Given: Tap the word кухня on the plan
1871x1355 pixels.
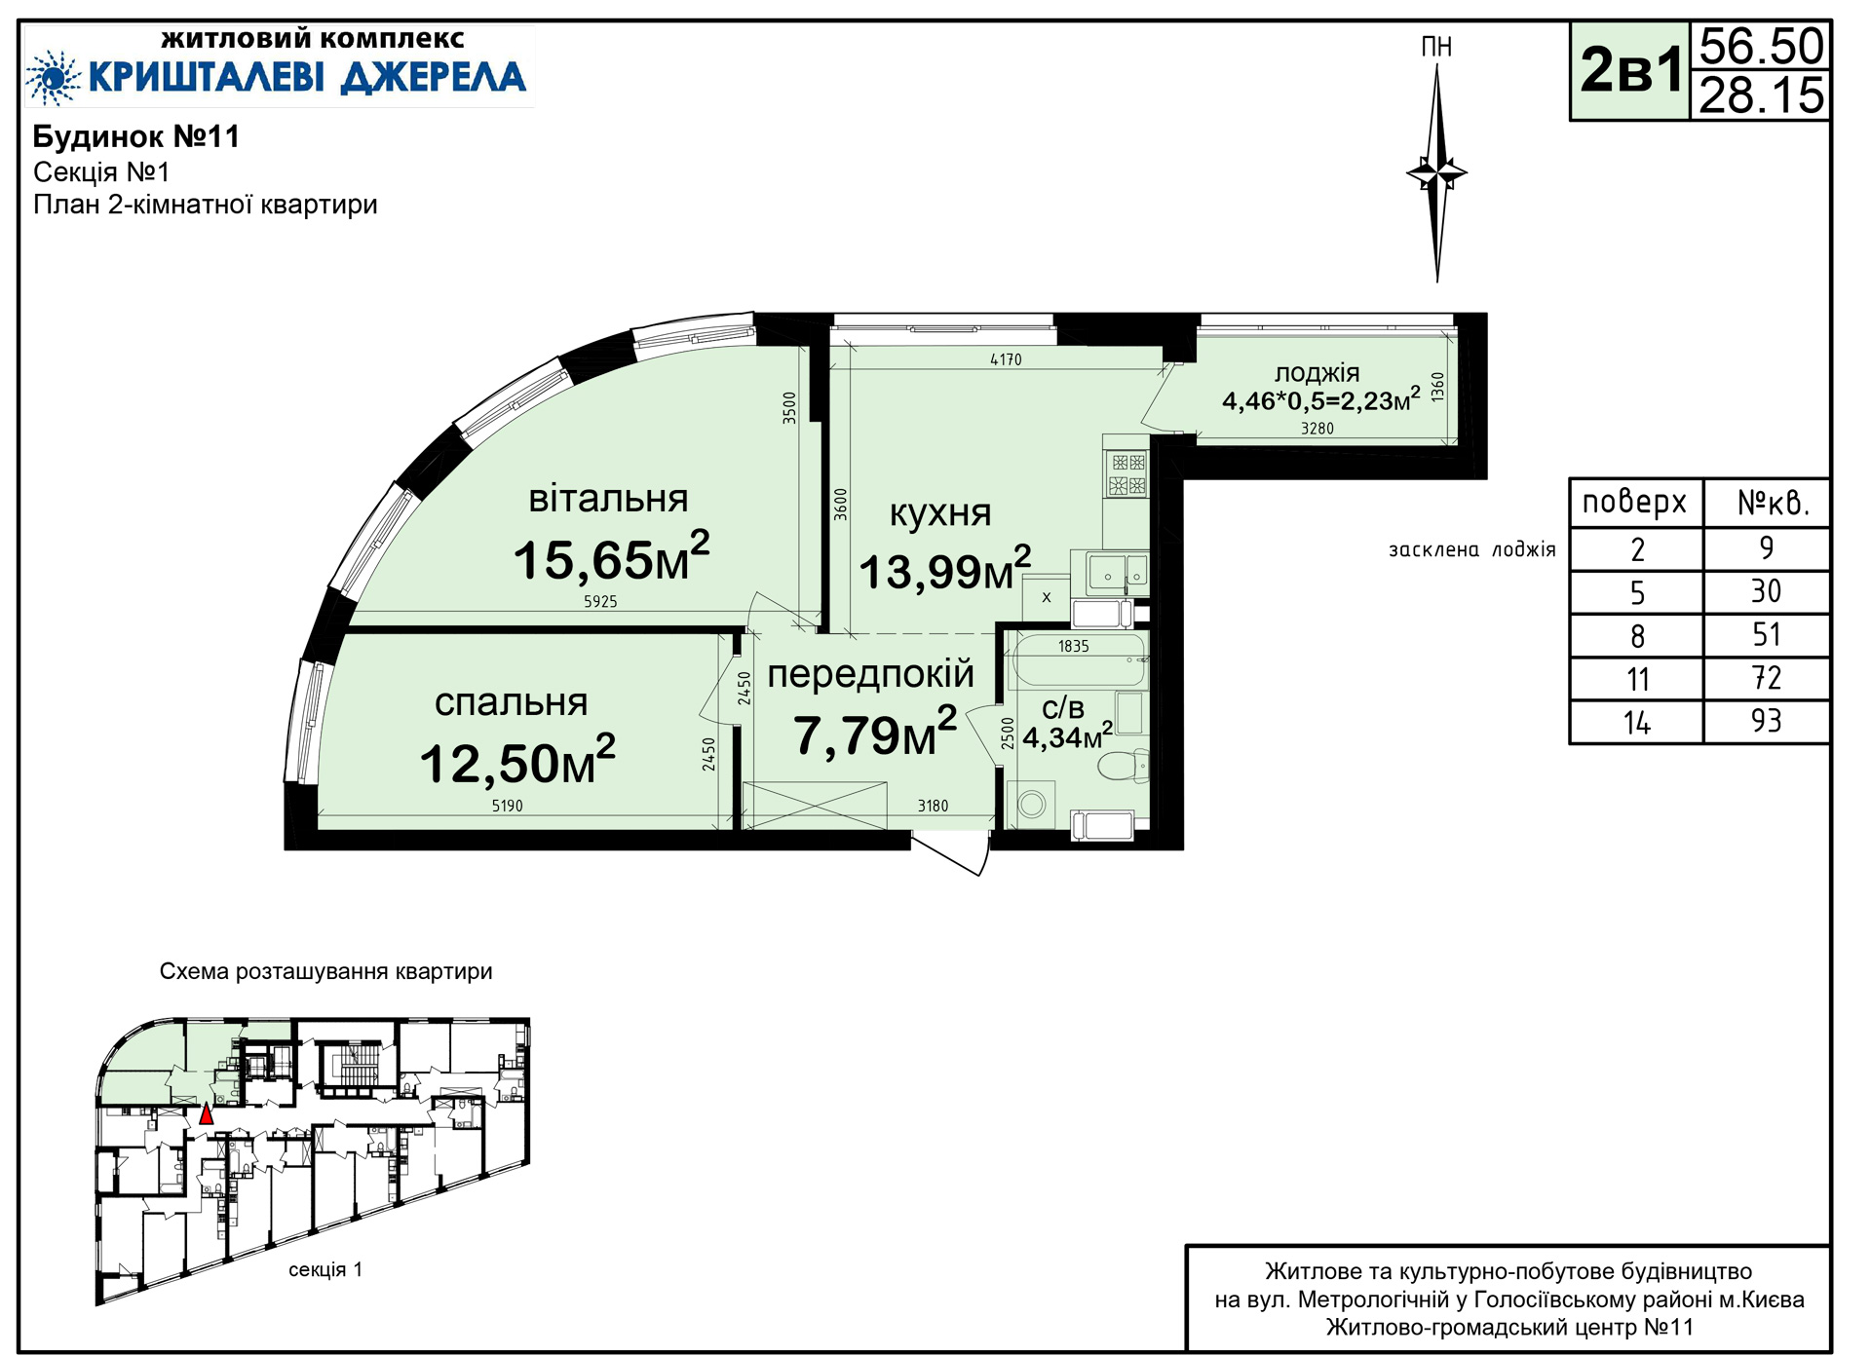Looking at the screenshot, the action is [x=940, y=512].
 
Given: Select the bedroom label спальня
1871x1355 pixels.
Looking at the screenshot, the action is [x=511, y=702].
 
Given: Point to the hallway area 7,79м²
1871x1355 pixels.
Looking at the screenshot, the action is [x=875, y=733].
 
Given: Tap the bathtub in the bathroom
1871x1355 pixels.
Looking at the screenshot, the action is [x=1080, y=660].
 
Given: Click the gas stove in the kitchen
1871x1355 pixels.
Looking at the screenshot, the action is [x=1126, y=474].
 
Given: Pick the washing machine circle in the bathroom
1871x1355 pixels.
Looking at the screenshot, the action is [x=1032, y=805].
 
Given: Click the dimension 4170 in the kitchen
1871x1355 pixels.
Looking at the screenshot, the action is [x=1006, y=359].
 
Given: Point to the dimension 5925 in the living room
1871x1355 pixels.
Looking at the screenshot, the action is [x=600, y=602].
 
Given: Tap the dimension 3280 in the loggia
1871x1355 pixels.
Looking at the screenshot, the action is [x=1317, y=429].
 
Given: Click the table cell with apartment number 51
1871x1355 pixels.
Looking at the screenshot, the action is [x=1766, y=635].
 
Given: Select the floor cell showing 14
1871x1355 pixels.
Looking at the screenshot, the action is [x=1637, y=723].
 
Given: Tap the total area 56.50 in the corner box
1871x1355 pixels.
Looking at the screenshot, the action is [x=1761, y=46].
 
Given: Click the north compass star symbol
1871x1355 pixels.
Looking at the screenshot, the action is [x=1436, y=173].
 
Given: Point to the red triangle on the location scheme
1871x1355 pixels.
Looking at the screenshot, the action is [x=206, y=1114].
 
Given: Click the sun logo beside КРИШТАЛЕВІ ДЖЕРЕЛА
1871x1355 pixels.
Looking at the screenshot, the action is [x=53, y=77].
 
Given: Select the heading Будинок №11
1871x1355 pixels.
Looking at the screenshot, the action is [x=136, y=136].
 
